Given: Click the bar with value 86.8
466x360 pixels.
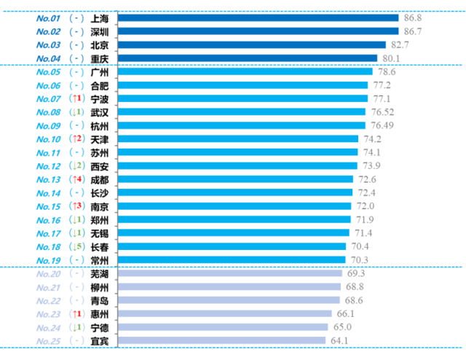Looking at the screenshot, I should click(x=258, y=17).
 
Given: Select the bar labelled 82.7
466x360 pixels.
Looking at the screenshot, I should click(x=252, y=44).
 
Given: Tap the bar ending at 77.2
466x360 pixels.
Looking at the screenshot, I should click(x=243, y=85).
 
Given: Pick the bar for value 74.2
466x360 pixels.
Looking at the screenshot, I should click(x=239, y=138).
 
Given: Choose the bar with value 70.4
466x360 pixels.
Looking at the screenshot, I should click(x=232, y=246).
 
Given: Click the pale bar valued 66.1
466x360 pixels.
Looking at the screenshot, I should click(x=225, y=313).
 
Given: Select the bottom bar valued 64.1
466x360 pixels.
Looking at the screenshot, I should click(x=222, y=340).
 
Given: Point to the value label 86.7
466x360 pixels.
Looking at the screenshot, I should click(x=412, y=31).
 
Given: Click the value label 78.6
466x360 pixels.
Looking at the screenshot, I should click(x=386, y=71).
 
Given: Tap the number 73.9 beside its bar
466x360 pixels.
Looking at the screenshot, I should click(x=371, y=165).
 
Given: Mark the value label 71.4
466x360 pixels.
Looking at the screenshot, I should click(x=363, y=233).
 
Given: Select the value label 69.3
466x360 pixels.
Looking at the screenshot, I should click(x=355, y=273).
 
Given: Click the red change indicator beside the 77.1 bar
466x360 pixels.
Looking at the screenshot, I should click(x=76, y=98).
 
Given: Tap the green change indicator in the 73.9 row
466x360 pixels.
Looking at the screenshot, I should click(x=76, y=165).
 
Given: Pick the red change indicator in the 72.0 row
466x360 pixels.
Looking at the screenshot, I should click(x=76, y=206).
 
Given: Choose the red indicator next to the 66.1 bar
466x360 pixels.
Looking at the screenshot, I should click(x=76, y=313).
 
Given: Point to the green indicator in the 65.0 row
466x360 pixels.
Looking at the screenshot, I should click(x=76, y=327).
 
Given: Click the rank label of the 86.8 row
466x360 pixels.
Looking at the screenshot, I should click(x=48, y=17).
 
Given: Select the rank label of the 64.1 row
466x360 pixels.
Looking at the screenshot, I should click(x=48, y=340).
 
